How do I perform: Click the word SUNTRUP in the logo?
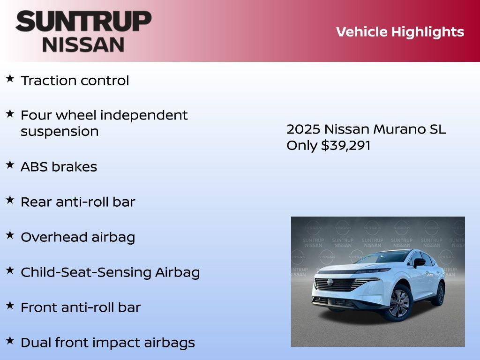coord(83,21)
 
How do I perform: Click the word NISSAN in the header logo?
coord(83,44)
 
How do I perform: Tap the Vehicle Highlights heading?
coord(400,32)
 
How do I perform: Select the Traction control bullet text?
coord(75,80)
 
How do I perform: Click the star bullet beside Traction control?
coord(10,78)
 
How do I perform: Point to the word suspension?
coord(60,131)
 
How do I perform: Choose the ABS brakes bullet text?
coord(59,167)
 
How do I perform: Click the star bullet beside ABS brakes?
coord(10,165)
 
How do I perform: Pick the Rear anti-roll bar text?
coord(78,202)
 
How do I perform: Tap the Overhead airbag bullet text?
coord(78,237)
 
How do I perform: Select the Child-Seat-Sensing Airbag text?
coord(110,272)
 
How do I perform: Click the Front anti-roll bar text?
coord(81,307)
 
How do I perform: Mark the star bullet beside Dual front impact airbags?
coord(10,340)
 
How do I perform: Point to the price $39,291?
coord(345,145)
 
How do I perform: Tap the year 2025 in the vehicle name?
coord(303,129)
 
